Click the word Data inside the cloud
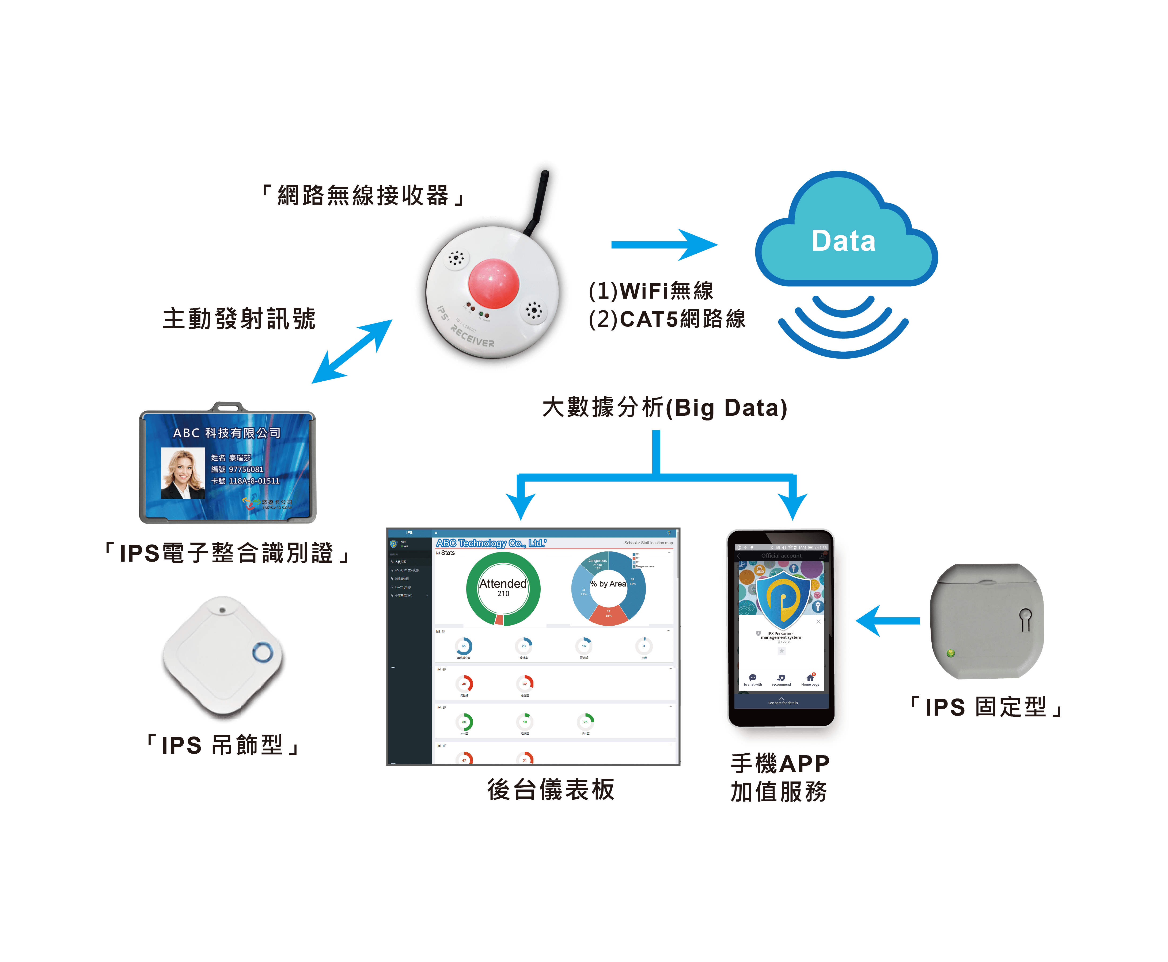[x=843, y=241]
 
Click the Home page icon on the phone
[x=810, y=679]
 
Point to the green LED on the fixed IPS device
[x=950, y=653]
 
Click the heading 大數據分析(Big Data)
[x=665, y=408]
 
